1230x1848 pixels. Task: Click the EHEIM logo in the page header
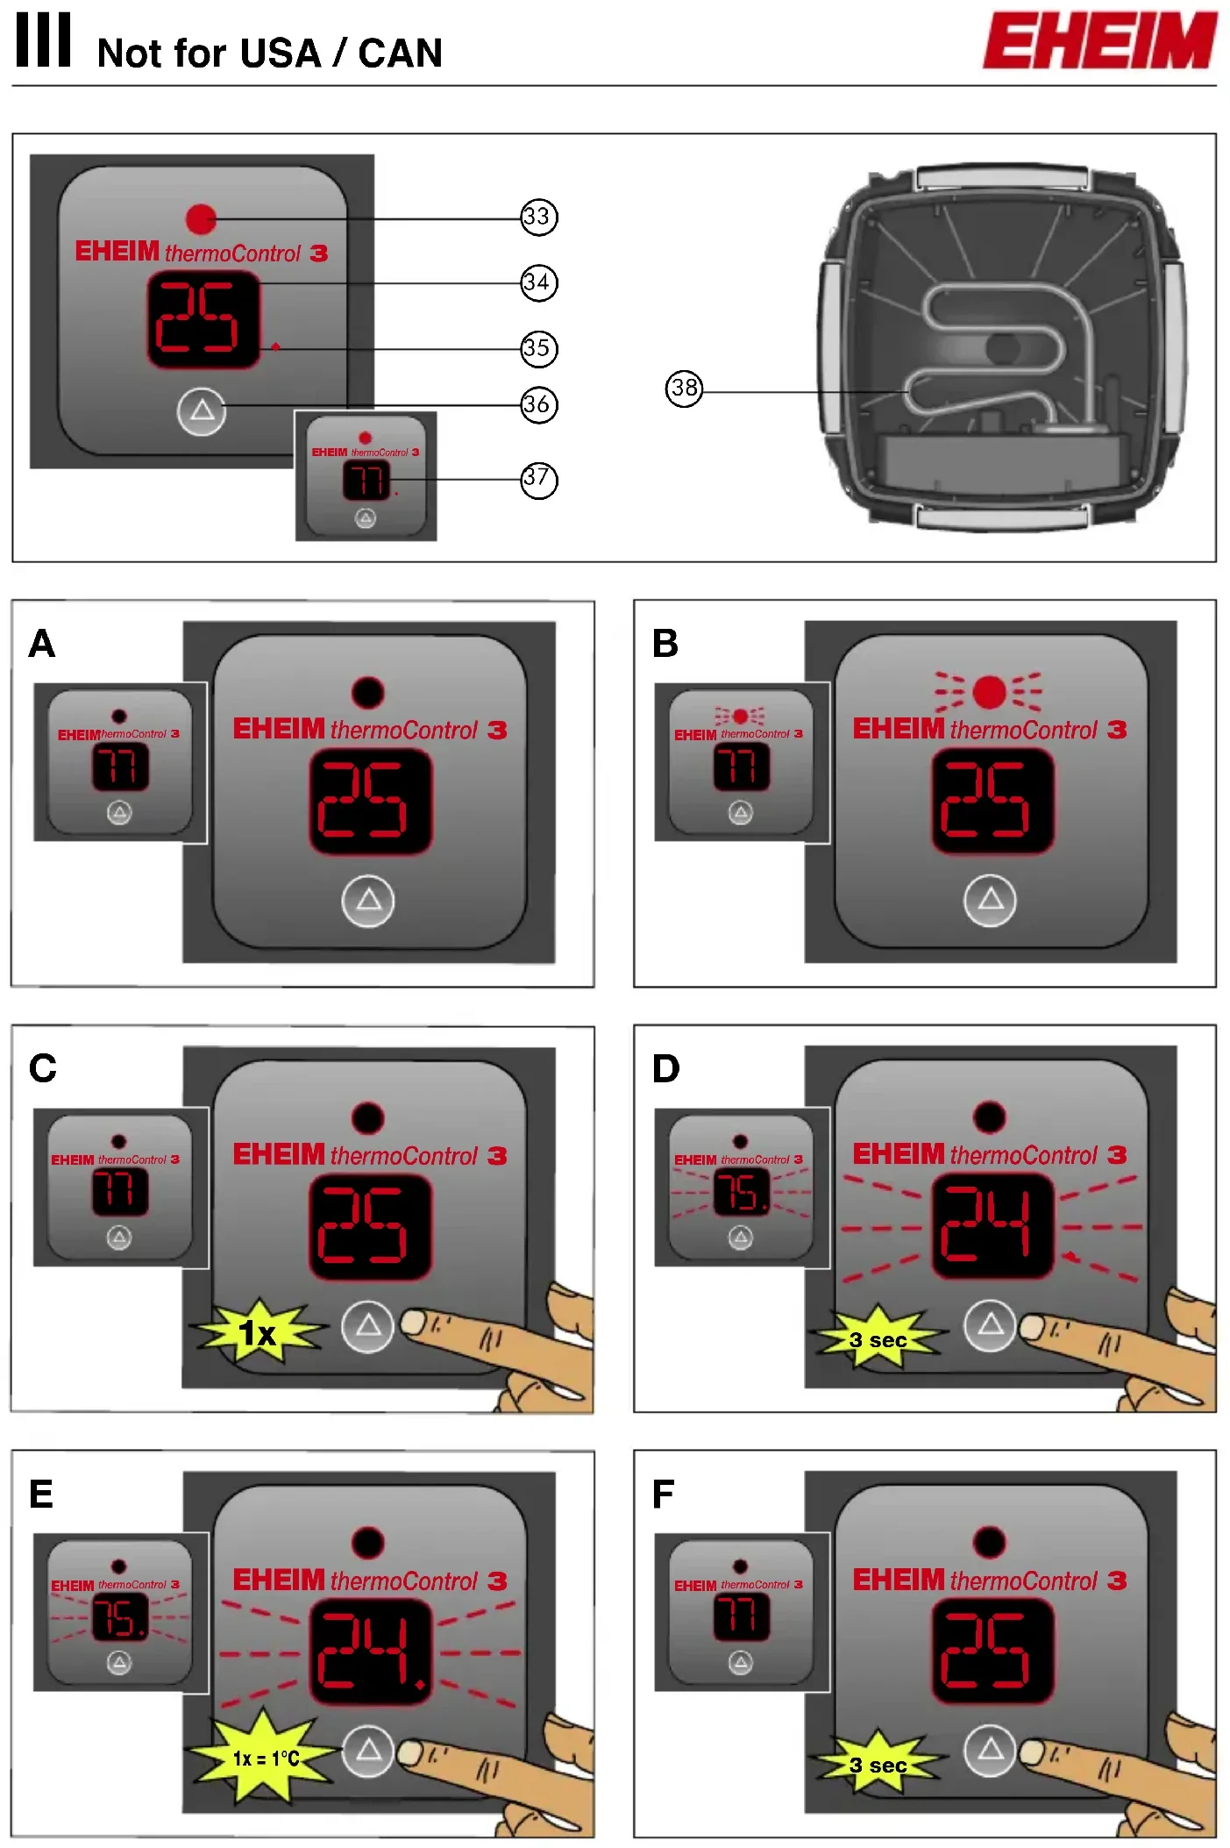pyautogui.click(x=1099, y=40)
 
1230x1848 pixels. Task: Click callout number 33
pyautogui.click(x=538, y=217)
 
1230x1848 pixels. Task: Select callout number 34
pyautogui.click(x=538, y=282)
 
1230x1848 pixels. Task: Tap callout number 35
pyautogui.click(x=538, y=348)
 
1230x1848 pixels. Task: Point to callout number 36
pyautogui.click(x=538, y=404)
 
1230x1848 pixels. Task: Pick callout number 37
pyautogui.click(x=538, y=479)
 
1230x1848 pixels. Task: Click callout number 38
pyautogui.click(x=684, y=388)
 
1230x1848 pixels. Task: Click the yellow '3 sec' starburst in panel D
pyautogui.click(x=878, y=1339)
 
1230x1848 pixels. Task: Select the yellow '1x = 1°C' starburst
pyautogui.click(x=265, y=1758)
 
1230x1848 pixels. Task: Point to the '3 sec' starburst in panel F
pyautogui.click(x=878, y=1765)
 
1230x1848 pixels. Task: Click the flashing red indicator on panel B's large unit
pyautogui.click(x=989, y=692)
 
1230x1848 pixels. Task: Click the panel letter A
pyautogui.click(x=42, y=644)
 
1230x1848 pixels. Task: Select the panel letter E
pyautogui.click(x=41, y=1494)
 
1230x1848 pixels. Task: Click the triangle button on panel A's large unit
pyautogui.click(x=368, y=900)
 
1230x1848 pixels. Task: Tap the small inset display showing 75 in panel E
pyautogui.click(x=120, y=1616)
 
